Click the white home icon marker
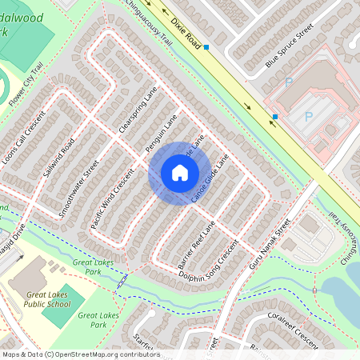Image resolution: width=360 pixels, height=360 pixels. tap(179, 173)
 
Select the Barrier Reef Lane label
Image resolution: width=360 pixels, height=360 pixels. tap(187, 243)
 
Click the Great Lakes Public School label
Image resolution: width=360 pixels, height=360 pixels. tap(46, 299)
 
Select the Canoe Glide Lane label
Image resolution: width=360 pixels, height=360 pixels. tap(210, 178)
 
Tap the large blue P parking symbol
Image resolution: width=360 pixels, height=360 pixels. tap(308, 116)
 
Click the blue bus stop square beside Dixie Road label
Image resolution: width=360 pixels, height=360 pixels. tap(206, 48)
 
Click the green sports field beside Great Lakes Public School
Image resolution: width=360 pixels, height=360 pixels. tap(58, 312)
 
